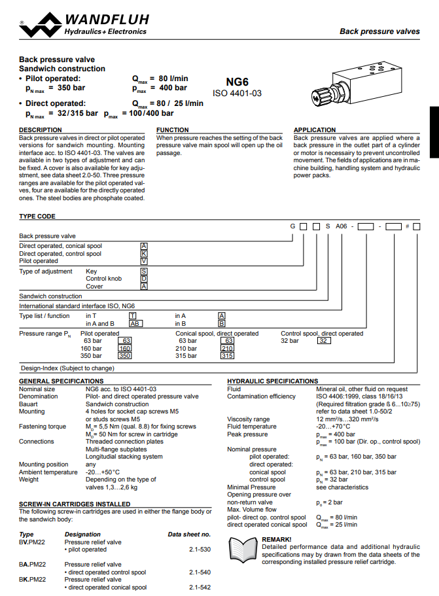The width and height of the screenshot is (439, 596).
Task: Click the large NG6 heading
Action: tap(237, 82)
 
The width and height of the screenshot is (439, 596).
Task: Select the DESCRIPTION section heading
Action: tap(41, 130)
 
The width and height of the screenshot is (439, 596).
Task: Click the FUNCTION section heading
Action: tap(173, 130)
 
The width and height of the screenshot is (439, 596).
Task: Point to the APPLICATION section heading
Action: tap(315, 130)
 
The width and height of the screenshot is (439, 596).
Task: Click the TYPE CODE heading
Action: tap(37, 217)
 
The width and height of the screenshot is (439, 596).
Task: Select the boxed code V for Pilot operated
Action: tap(144, 260)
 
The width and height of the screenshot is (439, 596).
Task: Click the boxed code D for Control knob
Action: tap(144, 279)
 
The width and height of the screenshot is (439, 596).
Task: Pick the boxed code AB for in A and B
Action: tap(135, 323)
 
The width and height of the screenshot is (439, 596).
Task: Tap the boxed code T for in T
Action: tap(132, 315)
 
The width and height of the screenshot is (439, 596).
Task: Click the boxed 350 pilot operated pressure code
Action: tap(124, 356)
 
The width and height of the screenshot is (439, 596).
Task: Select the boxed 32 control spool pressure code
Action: tap(325, 341)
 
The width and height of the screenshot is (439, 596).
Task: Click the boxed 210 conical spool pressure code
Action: tap(227, 349)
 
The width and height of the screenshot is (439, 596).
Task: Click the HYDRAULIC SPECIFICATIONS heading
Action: tap(272, 381)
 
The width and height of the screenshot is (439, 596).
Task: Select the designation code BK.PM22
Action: tap(32, 580)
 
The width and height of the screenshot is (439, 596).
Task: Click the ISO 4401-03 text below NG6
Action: tap(237, 94)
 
